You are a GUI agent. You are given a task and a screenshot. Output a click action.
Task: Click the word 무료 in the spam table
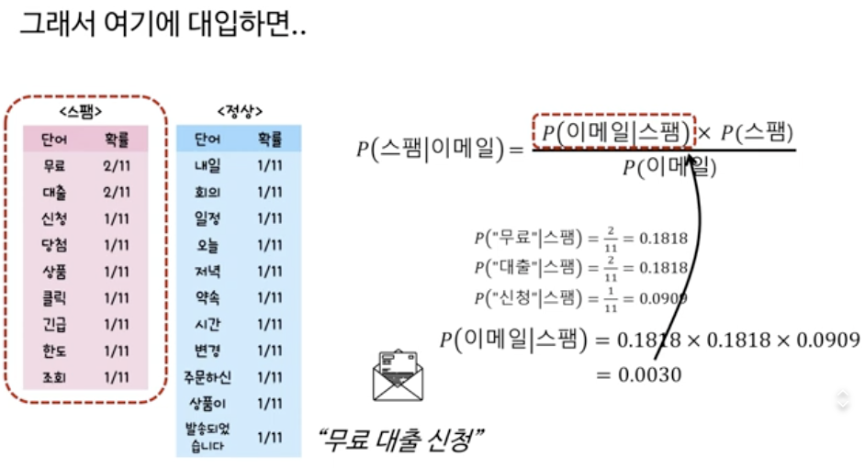pos(54,166)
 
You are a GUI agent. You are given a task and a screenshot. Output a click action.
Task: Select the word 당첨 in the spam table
pos(54,245)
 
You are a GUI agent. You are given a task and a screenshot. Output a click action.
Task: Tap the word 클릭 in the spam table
pos(54,298)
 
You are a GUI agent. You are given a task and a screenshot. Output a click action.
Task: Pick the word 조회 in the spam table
pos(54,377)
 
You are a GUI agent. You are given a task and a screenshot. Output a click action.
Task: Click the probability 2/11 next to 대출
pos(117,193)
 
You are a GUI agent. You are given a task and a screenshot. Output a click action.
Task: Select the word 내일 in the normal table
pos(208,166)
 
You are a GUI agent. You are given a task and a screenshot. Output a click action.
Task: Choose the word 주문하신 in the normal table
pos(208,377)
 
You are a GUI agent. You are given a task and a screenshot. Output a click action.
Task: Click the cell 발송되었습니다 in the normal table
pos(208,437)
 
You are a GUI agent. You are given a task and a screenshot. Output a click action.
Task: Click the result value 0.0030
pos(652,374)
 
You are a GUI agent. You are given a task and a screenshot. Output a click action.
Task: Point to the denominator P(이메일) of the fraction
pos(668,168)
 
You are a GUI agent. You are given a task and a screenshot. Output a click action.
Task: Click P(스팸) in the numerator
pos(757,133)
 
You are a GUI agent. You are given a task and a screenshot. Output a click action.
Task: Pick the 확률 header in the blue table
pos(270,140)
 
